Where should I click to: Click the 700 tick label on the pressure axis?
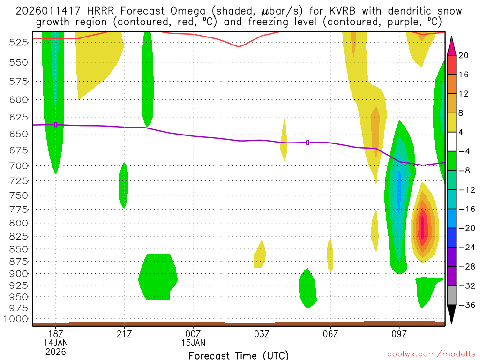click(18, 165)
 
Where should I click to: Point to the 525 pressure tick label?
click(18, 42)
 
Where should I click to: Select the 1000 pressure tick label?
click(16, 319)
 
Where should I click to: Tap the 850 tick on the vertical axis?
click(18, 248)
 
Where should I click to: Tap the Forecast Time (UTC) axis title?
click(239, 355)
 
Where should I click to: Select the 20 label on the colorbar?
click(464, 55)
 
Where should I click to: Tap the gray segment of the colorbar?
click(451, 295)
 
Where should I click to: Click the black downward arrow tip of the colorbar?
click(451, 319)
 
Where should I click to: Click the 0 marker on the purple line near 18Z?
click(56, 125)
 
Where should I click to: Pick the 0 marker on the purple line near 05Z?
click(307, 142)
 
